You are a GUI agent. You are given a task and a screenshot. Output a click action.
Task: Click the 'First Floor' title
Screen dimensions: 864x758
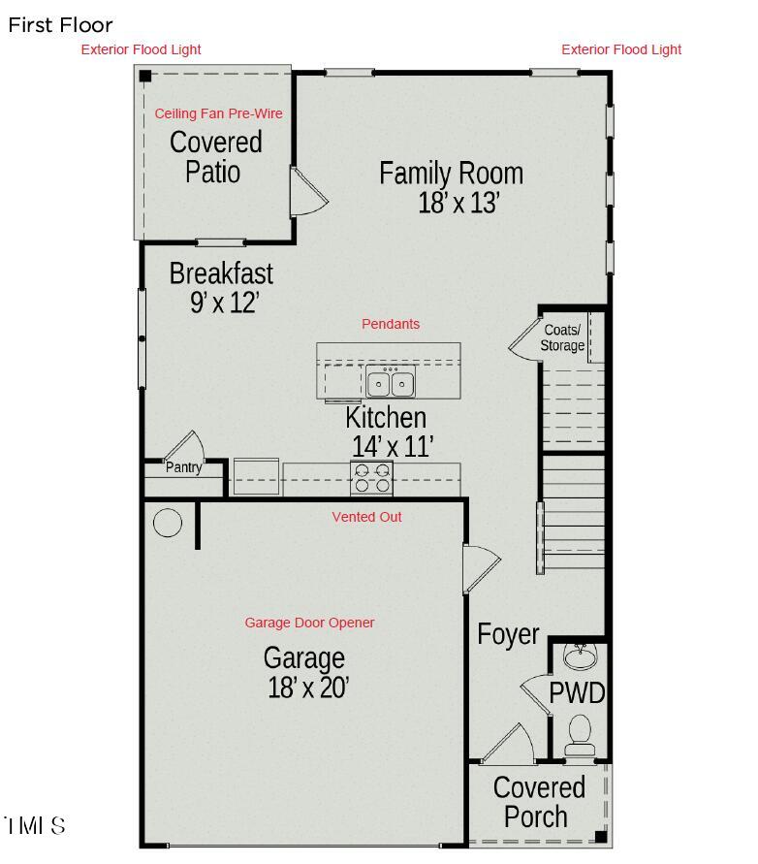[x=60, y=26]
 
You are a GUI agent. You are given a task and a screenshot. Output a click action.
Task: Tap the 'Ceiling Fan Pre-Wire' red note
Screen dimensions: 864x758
[x=219, y=113]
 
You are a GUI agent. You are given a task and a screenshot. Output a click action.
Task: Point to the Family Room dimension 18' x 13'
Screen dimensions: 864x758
[x=458, y=204]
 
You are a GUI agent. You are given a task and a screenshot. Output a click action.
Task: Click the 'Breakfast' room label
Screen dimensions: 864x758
[x=221, y=273]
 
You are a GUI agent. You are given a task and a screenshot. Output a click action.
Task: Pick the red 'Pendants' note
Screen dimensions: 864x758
[x=391, y=324]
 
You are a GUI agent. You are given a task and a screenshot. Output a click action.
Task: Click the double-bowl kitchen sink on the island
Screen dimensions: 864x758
[x=391, y=383]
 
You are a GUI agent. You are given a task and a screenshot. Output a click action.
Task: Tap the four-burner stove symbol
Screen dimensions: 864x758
[x=372, y=478]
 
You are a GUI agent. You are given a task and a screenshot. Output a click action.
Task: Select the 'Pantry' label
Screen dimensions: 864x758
[x=183, y=468]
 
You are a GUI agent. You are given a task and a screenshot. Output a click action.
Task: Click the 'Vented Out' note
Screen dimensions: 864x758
[x=366, y=517]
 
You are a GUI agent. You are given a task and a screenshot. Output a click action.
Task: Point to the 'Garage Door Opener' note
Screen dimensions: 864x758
[x=309, y=623]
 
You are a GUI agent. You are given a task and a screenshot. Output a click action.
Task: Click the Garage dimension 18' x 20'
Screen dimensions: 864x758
[x=308, y=688]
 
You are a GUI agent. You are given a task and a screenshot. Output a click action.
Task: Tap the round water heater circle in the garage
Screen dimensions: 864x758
[x=168, y=523]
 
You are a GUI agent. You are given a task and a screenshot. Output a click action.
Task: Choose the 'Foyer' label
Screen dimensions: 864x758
[x=508, y=634]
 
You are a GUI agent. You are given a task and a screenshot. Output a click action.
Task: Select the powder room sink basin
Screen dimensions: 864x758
[x=580, y=658]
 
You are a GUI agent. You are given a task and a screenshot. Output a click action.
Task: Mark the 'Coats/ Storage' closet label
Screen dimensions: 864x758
[x=562, y=337]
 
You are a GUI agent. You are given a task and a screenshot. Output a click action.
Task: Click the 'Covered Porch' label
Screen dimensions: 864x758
[x=539, y=801]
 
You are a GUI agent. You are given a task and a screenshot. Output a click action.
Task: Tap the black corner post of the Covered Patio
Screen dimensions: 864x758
[x=144, y=76]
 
